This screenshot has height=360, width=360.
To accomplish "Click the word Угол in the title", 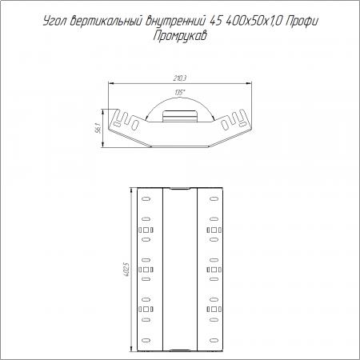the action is click(x=54, y=21).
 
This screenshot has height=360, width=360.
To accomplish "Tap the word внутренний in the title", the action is click(x=175, y=21).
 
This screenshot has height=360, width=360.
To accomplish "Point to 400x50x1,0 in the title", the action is click(x=254, y=21).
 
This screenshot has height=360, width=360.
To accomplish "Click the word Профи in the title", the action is click(x=302, y=22).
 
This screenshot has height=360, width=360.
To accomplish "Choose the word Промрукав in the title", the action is click(x=180, y=36).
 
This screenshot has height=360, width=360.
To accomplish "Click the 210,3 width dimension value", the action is click(x=180, y=78).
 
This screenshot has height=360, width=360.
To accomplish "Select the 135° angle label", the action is click(x=180, y=93).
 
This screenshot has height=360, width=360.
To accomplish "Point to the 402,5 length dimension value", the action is click(x=126, y=270).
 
